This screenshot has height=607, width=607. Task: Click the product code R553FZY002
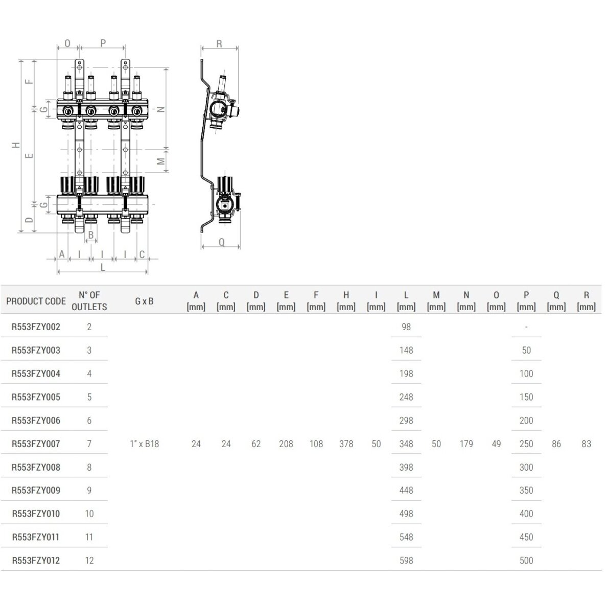click(x=36, y=327)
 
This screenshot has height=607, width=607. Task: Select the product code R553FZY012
click(x=36, y=561)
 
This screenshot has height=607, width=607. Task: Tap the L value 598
click(x=406, y=561)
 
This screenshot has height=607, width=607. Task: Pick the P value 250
click(x=526, y=444)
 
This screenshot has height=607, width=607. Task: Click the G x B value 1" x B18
click(x=145, y=444)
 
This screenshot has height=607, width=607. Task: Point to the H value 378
click(x=346, y=444)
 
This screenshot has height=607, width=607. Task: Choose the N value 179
click(x=466, y=444)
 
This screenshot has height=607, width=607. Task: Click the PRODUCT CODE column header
click(x=36, y=301)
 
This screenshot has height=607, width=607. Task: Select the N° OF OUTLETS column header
click(x=89, y=301)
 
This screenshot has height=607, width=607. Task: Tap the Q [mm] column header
click(x=556, y=301)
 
